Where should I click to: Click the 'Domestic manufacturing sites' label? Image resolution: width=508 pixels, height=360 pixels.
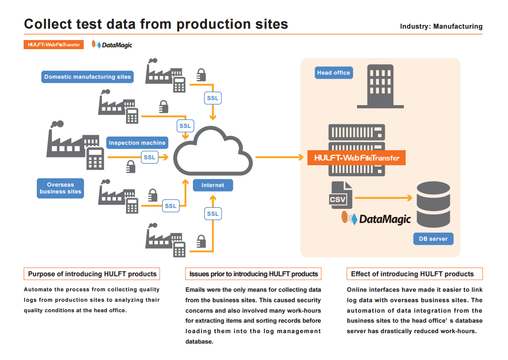pyautogui.click(x=87, y=77)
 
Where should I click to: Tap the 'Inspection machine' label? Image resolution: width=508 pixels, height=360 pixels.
pyautogui.click(x=137, y=143)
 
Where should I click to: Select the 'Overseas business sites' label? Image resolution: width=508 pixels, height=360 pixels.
pyautogui.click(x=60, y=188)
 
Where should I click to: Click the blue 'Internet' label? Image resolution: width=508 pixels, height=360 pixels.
pyautogui.click(x=213, y=185)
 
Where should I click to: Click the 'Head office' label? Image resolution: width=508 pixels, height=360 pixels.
pyautogui.click(x=333, y=73)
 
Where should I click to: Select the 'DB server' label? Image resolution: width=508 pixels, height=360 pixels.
pyautogui.click(x=433, y=238)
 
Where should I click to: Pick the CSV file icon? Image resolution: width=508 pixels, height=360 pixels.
pyautogui.click(x=339, y=195)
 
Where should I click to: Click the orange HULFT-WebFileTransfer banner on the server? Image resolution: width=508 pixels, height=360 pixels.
pyautogui.click(x=357, y=158)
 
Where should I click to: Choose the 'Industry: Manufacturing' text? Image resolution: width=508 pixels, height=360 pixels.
pyautogui.click(x=441, y=26)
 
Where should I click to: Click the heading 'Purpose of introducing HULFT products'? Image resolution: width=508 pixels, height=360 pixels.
pyautogui.click(x=92, y=274)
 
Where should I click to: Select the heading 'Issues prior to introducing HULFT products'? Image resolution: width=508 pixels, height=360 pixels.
pyautogui.click(x=254, y=274)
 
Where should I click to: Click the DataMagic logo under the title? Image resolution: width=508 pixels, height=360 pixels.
pyautogui.click(x=112, y=45)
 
